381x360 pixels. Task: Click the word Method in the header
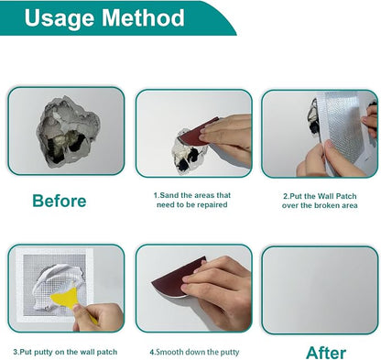143,17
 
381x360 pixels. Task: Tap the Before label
60,201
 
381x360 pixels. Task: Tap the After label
326,353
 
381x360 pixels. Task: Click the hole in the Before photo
68,131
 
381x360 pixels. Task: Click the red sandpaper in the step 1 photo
199,132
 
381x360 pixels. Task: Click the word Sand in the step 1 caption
168,195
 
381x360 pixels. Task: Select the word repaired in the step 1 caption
212,204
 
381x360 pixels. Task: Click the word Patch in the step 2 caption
346,196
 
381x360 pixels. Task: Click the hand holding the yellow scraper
98,318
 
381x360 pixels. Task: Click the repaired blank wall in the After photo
320,290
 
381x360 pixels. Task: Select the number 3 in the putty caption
16,352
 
